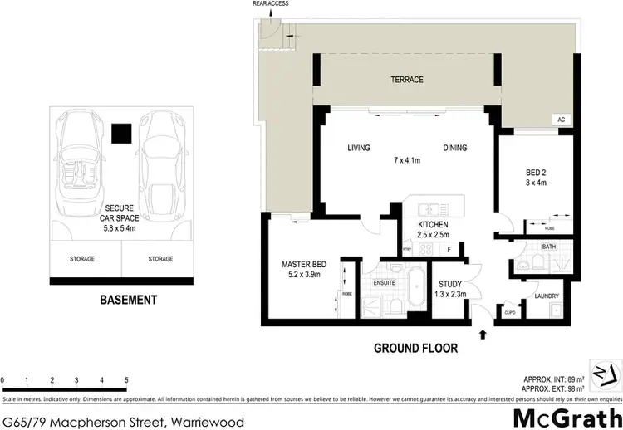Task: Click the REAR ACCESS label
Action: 270,5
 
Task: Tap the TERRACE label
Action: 407,80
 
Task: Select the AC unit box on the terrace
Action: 562,120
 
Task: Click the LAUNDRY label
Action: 547,296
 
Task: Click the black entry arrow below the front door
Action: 483,335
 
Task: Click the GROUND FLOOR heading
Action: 416,349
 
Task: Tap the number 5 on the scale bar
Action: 126,381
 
